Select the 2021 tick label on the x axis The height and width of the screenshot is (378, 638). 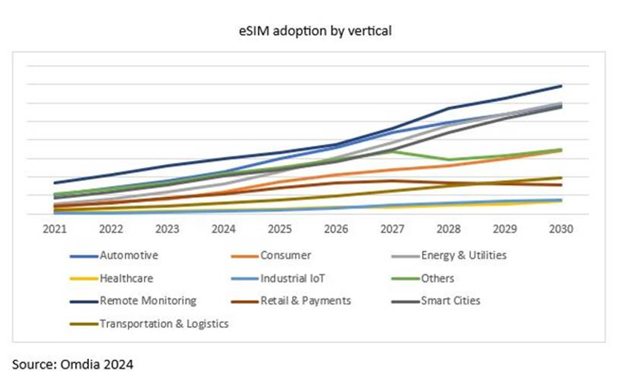coord(54,228)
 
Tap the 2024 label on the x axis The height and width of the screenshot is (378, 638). coord(223,228)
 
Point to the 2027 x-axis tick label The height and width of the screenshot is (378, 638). coord(393,228)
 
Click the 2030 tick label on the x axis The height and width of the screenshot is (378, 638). coord(561,228)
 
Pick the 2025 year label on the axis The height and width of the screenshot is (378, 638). coord(280,228)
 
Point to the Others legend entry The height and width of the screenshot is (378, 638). coord(437,278)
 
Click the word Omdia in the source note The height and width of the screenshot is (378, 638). coord(74,363)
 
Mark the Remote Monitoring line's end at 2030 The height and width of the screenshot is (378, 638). coord(561,86)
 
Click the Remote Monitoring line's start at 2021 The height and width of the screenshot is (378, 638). coord(55,182)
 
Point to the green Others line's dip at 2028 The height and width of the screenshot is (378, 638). coord(449,160)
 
